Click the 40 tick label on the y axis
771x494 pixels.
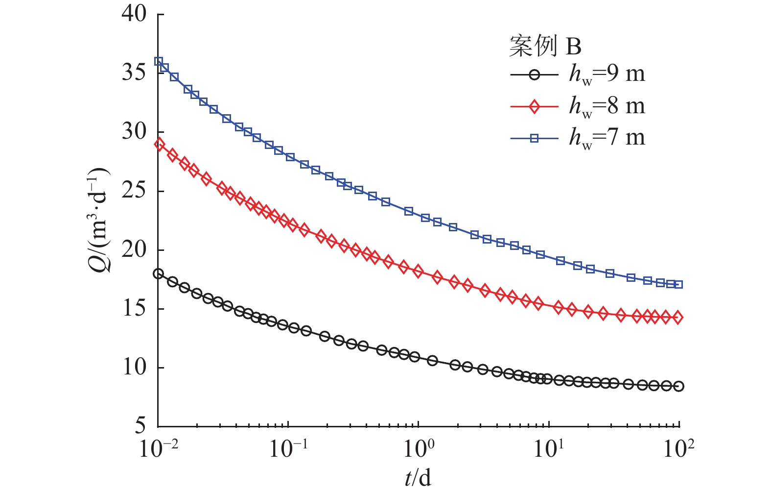point(134,14)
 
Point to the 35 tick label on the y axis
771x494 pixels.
point(134,73)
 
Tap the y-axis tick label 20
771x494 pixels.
point(134,249)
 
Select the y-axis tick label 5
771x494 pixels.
point(140,426)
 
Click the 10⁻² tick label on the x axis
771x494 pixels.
point(158,448)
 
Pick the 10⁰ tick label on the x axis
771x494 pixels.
point(419,448)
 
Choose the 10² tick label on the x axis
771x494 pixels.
point(679,448)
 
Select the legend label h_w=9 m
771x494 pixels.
point(607,74)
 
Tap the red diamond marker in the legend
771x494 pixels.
point(534,107)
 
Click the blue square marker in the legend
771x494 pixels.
point(534,139)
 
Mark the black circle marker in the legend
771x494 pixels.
point(534,75)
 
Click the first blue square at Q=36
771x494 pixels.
point(159,61)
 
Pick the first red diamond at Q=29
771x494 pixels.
point(159,144)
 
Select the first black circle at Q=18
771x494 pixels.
point(158,273)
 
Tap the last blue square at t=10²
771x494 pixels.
point(678,284)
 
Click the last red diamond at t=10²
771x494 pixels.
point(678,318)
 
